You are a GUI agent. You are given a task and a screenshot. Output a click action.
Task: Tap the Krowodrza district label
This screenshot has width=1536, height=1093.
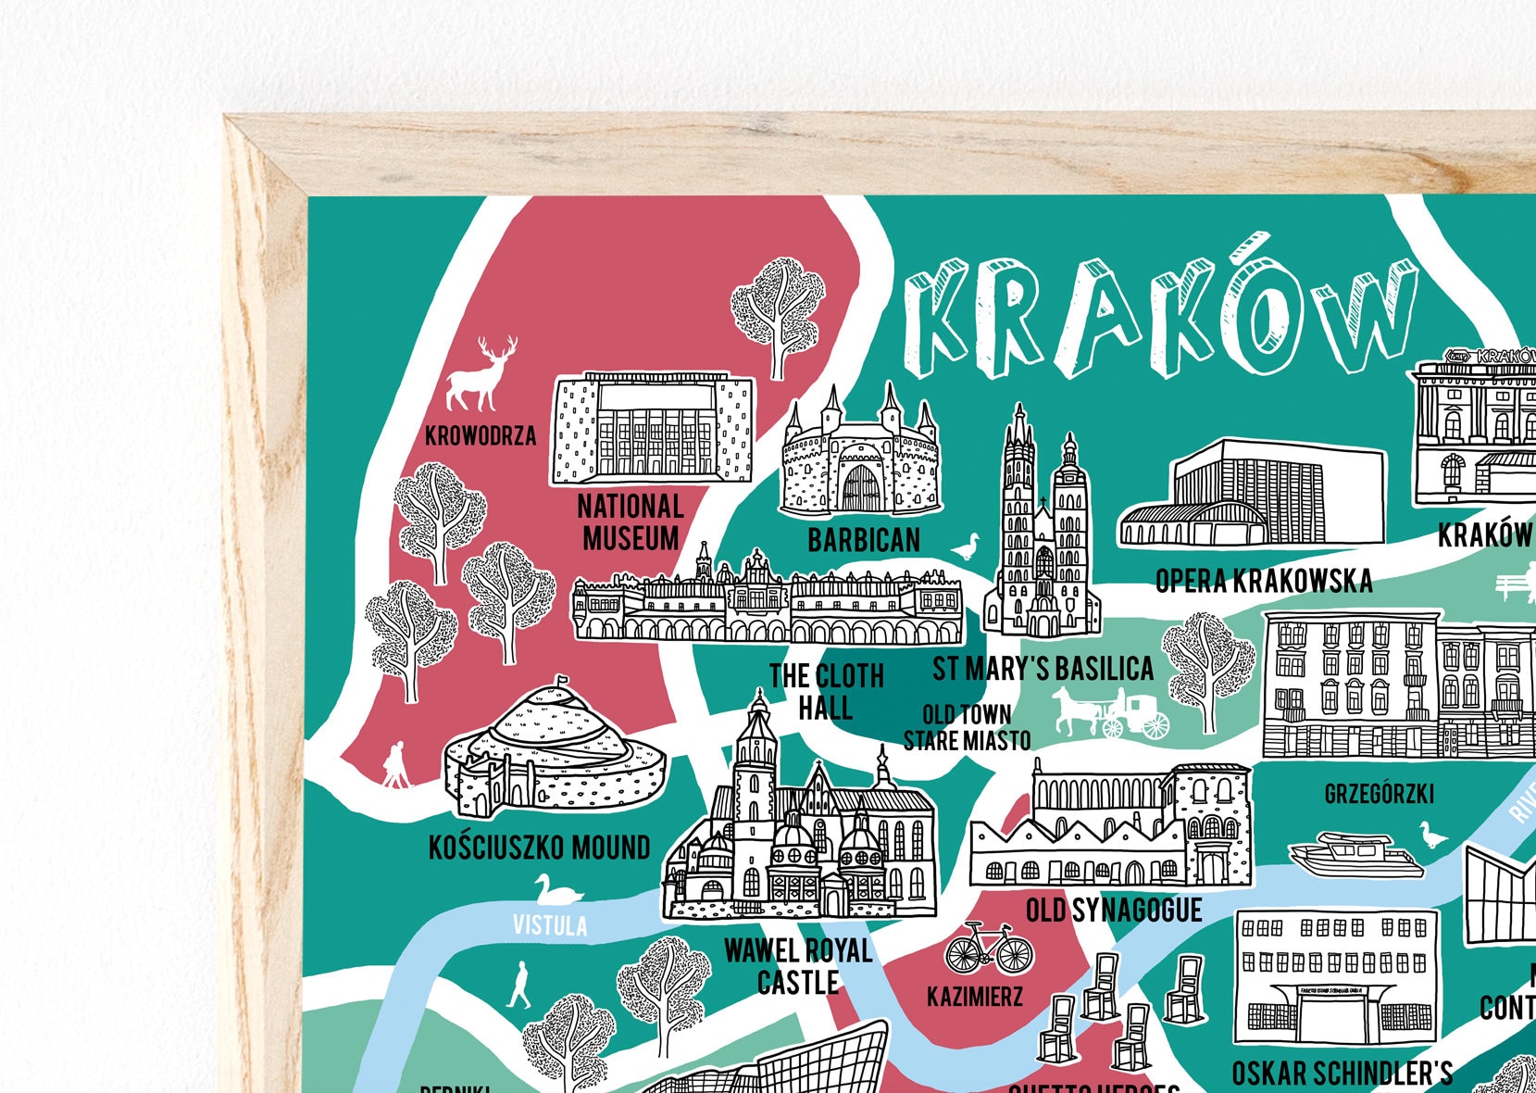(480, 435)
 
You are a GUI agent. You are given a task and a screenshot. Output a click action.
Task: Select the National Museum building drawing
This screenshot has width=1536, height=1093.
(652, 429)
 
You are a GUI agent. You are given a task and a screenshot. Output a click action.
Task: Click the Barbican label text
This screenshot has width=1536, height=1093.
(864, 540)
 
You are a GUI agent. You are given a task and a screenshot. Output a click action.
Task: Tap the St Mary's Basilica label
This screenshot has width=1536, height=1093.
(1043, 669)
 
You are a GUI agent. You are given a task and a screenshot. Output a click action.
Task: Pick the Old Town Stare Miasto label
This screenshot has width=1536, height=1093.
(967, 728)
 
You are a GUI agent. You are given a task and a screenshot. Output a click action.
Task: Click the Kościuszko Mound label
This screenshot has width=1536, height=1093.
(539, 848)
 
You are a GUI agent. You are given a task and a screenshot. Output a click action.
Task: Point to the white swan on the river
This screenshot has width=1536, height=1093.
(557, 892)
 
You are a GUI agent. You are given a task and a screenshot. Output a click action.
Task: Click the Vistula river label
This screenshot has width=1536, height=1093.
(550, 925)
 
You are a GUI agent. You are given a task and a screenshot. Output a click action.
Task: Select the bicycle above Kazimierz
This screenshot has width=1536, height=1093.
(988, 949)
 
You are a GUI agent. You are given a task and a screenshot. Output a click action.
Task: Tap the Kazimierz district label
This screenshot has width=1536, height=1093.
(975, 997)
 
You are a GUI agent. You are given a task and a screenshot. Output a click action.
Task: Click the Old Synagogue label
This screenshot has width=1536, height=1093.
(1113, 911)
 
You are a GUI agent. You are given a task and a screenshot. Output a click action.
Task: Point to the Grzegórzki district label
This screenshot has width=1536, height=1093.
(1379, 794)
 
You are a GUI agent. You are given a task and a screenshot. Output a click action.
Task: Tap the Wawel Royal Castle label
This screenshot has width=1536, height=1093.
(798, 966)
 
